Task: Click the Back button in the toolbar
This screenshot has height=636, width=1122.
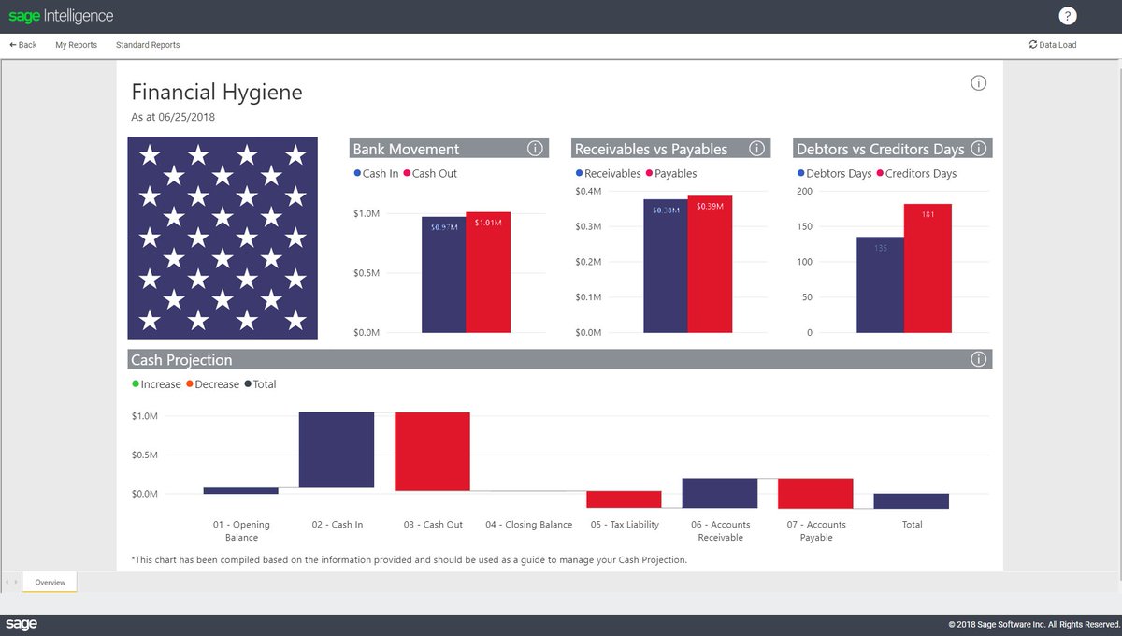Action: tap(23, 45)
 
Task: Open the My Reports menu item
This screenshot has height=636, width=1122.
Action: tap(76, 45)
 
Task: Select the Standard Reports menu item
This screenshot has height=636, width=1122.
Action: tap(148, 45)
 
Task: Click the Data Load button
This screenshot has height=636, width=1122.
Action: tap(1053, 45)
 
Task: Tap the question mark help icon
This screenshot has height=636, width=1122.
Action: tap(1068, 16)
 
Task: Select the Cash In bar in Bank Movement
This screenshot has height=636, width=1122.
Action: tap(443, 276)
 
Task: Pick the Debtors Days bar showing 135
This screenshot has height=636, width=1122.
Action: tap(880, 285)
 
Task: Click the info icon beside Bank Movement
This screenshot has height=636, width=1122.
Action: tap(535, 149)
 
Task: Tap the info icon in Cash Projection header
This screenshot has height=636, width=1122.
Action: tap(979, 359)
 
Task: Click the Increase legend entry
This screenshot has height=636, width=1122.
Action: tap(156, 384)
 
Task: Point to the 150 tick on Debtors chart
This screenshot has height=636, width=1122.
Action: tap(803, 227)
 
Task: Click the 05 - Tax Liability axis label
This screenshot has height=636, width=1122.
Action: tap(625, 525)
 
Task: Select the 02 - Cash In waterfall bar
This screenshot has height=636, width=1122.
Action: tap(337, 450)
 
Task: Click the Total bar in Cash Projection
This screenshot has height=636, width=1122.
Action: tap(911, 501)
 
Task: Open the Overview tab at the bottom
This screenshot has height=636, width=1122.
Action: tap(50, 583)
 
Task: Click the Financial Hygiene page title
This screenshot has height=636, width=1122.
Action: tap(217, 93)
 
